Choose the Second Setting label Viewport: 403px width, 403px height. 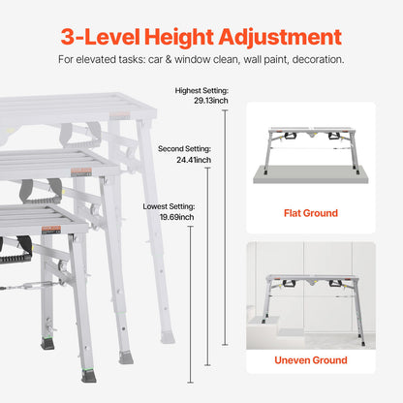(x=180, y=149)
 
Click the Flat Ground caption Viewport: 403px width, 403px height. (x=310, y=212)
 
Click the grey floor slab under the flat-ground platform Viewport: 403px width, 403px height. (x=310, y=177)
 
